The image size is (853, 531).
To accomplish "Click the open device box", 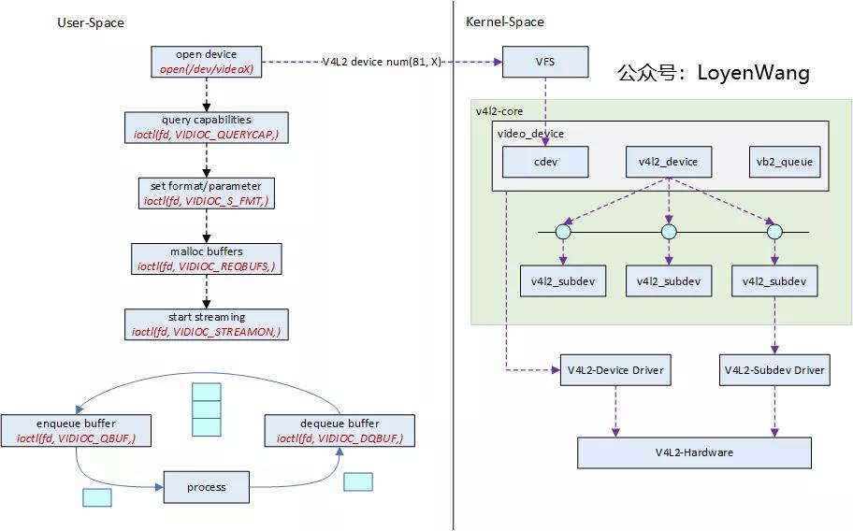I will [x=207, y=62].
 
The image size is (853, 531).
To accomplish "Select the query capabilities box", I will [x=207, y=127].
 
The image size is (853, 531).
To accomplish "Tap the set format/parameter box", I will [x=207, y=193].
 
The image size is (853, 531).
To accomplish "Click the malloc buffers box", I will [x=207, y=258].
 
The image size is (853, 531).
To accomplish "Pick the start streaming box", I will [x=207, y=323].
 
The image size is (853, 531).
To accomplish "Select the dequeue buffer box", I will [x=340, y=430].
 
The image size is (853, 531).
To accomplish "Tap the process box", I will [x=207, y=487].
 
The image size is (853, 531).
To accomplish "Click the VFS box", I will [x=545, y=62].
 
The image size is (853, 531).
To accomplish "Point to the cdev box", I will [x=545, y=162].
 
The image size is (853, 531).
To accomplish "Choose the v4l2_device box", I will [x=668, y=162].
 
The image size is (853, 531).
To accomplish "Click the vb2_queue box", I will [x=784, y=162].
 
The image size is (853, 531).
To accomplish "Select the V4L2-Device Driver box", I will [x=614, y=370].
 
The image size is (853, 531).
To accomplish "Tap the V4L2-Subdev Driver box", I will [x=773, y=370].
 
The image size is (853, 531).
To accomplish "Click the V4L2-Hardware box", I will [x=693, y=452].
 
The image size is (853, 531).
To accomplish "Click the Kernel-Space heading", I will [x=504, y=22].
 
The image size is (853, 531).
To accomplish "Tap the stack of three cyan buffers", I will [x=206, y=409].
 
